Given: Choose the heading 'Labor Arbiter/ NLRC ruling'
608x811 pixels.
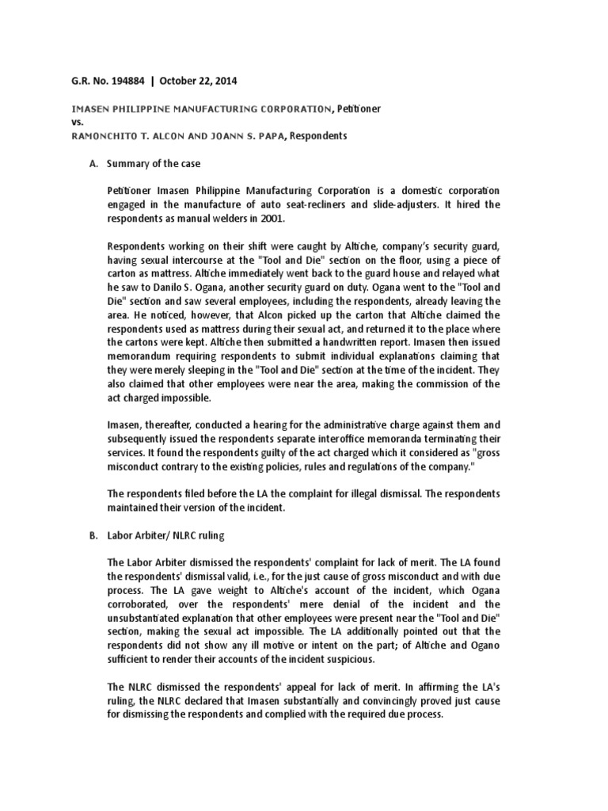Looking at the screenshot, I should [165, 536].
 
